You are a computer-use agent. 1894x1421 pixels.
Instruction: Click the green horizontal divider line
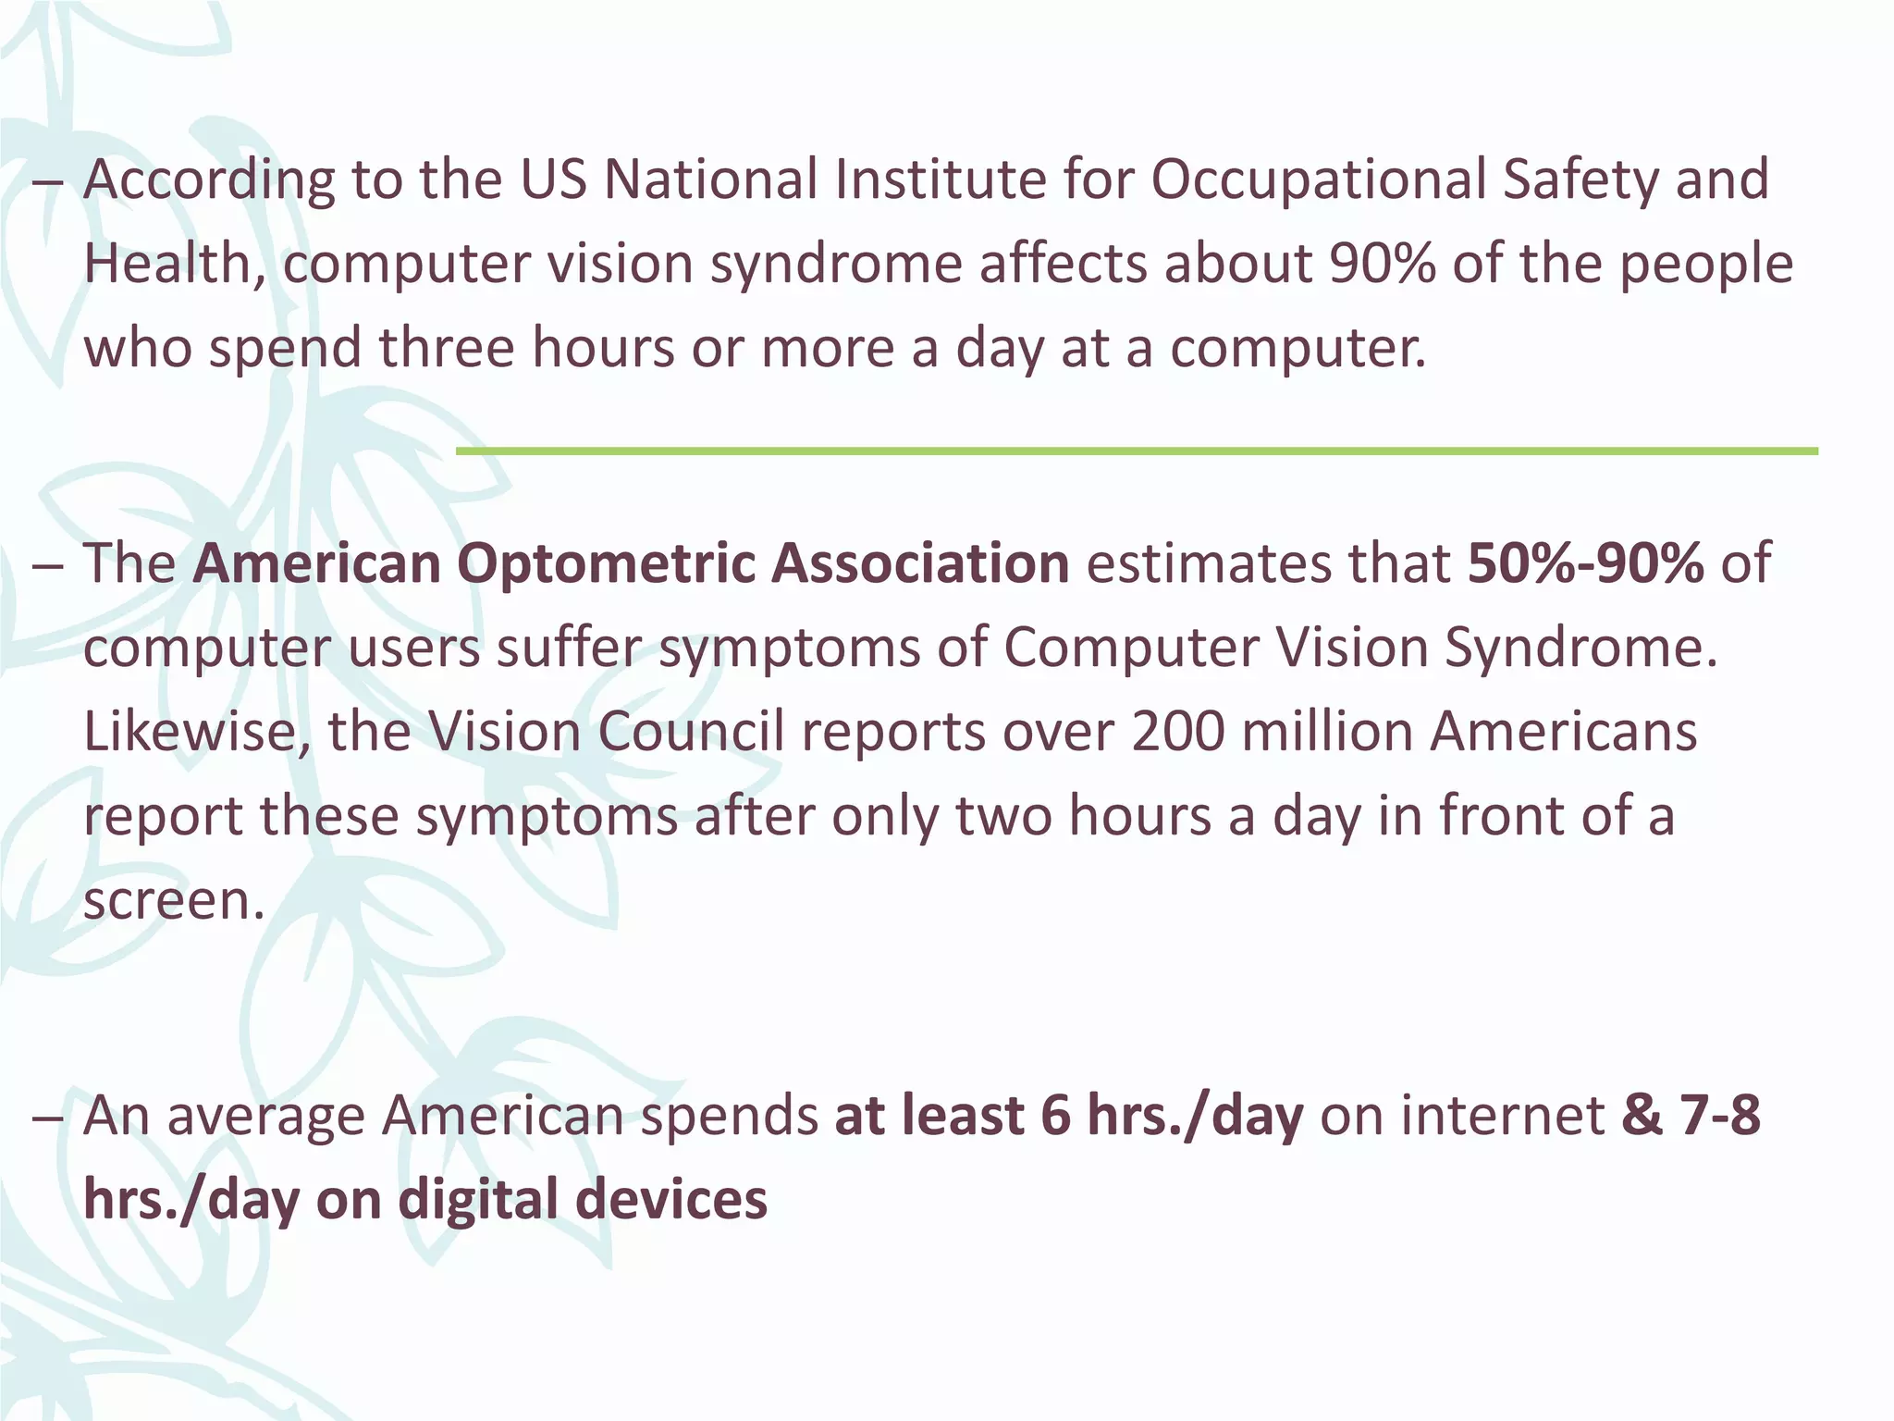1137,451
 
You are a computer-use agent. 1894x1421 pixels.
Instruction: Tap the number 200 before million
1177,732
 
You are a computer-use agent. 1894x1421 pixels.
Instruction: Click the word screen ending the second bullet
174,901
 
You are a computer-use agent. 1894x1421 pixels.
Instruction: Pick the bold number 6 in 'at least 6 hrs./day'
1054,1116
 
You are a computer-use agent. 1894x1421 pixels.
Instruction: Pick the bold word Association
920,564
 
